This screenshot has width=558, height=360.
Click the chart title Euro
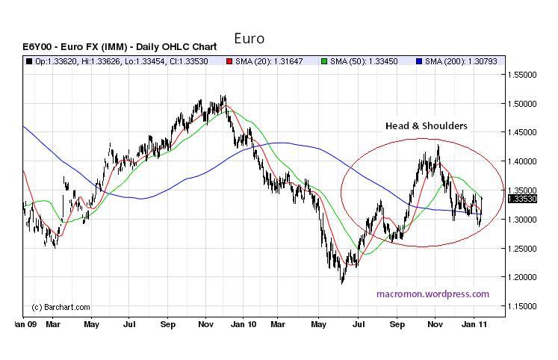pyautogui.click(x=249, y=38)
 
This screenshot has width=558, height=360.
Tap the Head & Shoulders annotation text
pyautogui.click(x=426, y=125)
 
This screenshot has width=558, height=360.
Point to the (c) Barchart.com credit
pyautogui.click(x=61, y=307)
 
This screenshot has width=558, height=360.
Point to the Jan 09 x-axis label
pyautogui.click(x=25, y=325)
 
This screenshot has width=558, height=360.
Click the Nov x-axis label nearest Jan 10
pyautogui.click(x=206, y=325)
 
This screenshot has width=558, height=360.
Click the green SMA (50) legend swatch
pyautogui.click(x=323, y=60)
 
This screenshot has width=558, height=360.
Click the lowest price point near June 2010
pyautogui.click(x=343, y=283)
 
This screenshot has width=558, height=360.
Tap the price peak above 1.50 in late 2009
pyautogui.click(x=224, y=96)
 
